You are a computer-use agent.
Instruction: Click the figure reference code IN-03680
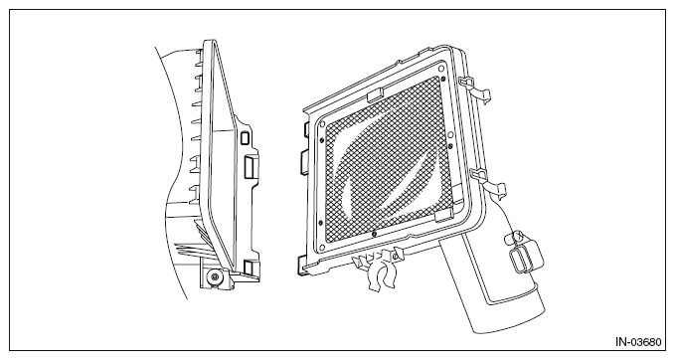638,342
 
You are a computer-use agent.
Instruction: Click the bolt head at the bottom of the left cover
213,276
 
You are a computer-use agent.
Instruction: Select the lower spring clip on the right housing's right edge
489,182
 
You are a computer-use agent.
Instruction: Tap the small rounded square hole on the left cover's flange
245,138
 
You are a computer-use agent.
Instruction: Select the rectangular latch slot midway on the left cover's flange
251,166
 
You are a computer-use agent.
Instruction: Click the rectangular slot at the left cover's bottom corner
249,268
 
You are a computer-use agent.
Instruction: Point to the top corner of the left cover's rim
209,42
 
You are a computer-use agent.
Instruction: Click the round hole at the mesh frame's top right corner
441,69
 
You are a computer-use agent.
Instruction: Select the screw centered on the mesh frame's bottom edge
374,234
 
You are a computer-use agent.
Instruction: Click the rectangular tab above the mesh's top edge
376,94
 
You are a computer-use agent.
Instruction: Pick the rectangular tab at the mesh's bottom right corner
443,216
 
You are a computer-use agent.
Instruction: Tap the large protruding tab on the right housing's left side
304,162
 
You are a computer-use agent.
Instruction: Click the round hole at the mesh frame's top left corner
323,125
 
